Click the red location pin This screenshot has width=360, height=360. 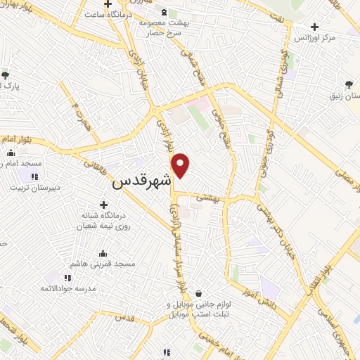pyautogui.click(x=181, y=165)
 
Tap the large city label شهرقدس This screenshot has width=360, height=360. pyautogui.click(x=141, y=181)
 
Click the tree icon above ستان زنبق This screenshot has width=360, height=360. pyautogui.click(x=349, y=85)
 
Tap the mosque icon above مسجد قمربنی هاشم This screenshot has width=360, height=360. pyautogui.click(x=103, y=253)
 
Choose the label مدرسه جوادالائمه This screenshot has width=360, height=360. pyautogui.click(x=66, y=289)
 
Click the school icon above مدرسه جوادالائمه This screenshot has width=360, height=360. pyautogui.click(x=67, y=278)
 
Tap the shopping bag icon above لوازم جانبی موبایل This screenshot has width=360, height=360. pyautogui.click(x=199, y=293)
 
